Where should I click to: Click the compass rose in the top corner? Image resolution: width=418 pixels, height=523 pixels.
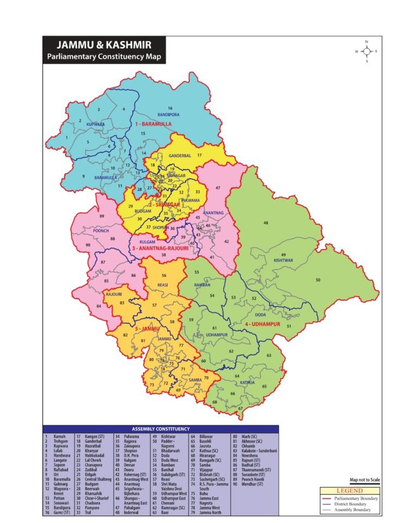(367, 51)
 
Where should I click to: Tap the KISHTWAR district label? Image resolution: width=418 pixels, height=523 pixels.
(283, 261)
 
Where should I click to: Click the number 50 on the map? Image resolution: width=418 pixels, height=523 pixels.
(318, 280)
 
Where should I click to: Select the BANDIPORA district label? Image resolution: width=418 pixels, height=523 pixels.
(168, 115)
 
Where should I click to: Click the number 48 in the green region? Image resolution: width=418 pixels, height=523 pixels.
(266, 223)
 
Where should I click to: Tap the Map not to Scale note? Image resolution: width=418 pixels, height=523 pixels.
(365, 480)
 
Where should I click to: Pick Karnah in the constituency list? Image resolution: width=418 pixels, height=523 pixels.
(59, 436)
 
